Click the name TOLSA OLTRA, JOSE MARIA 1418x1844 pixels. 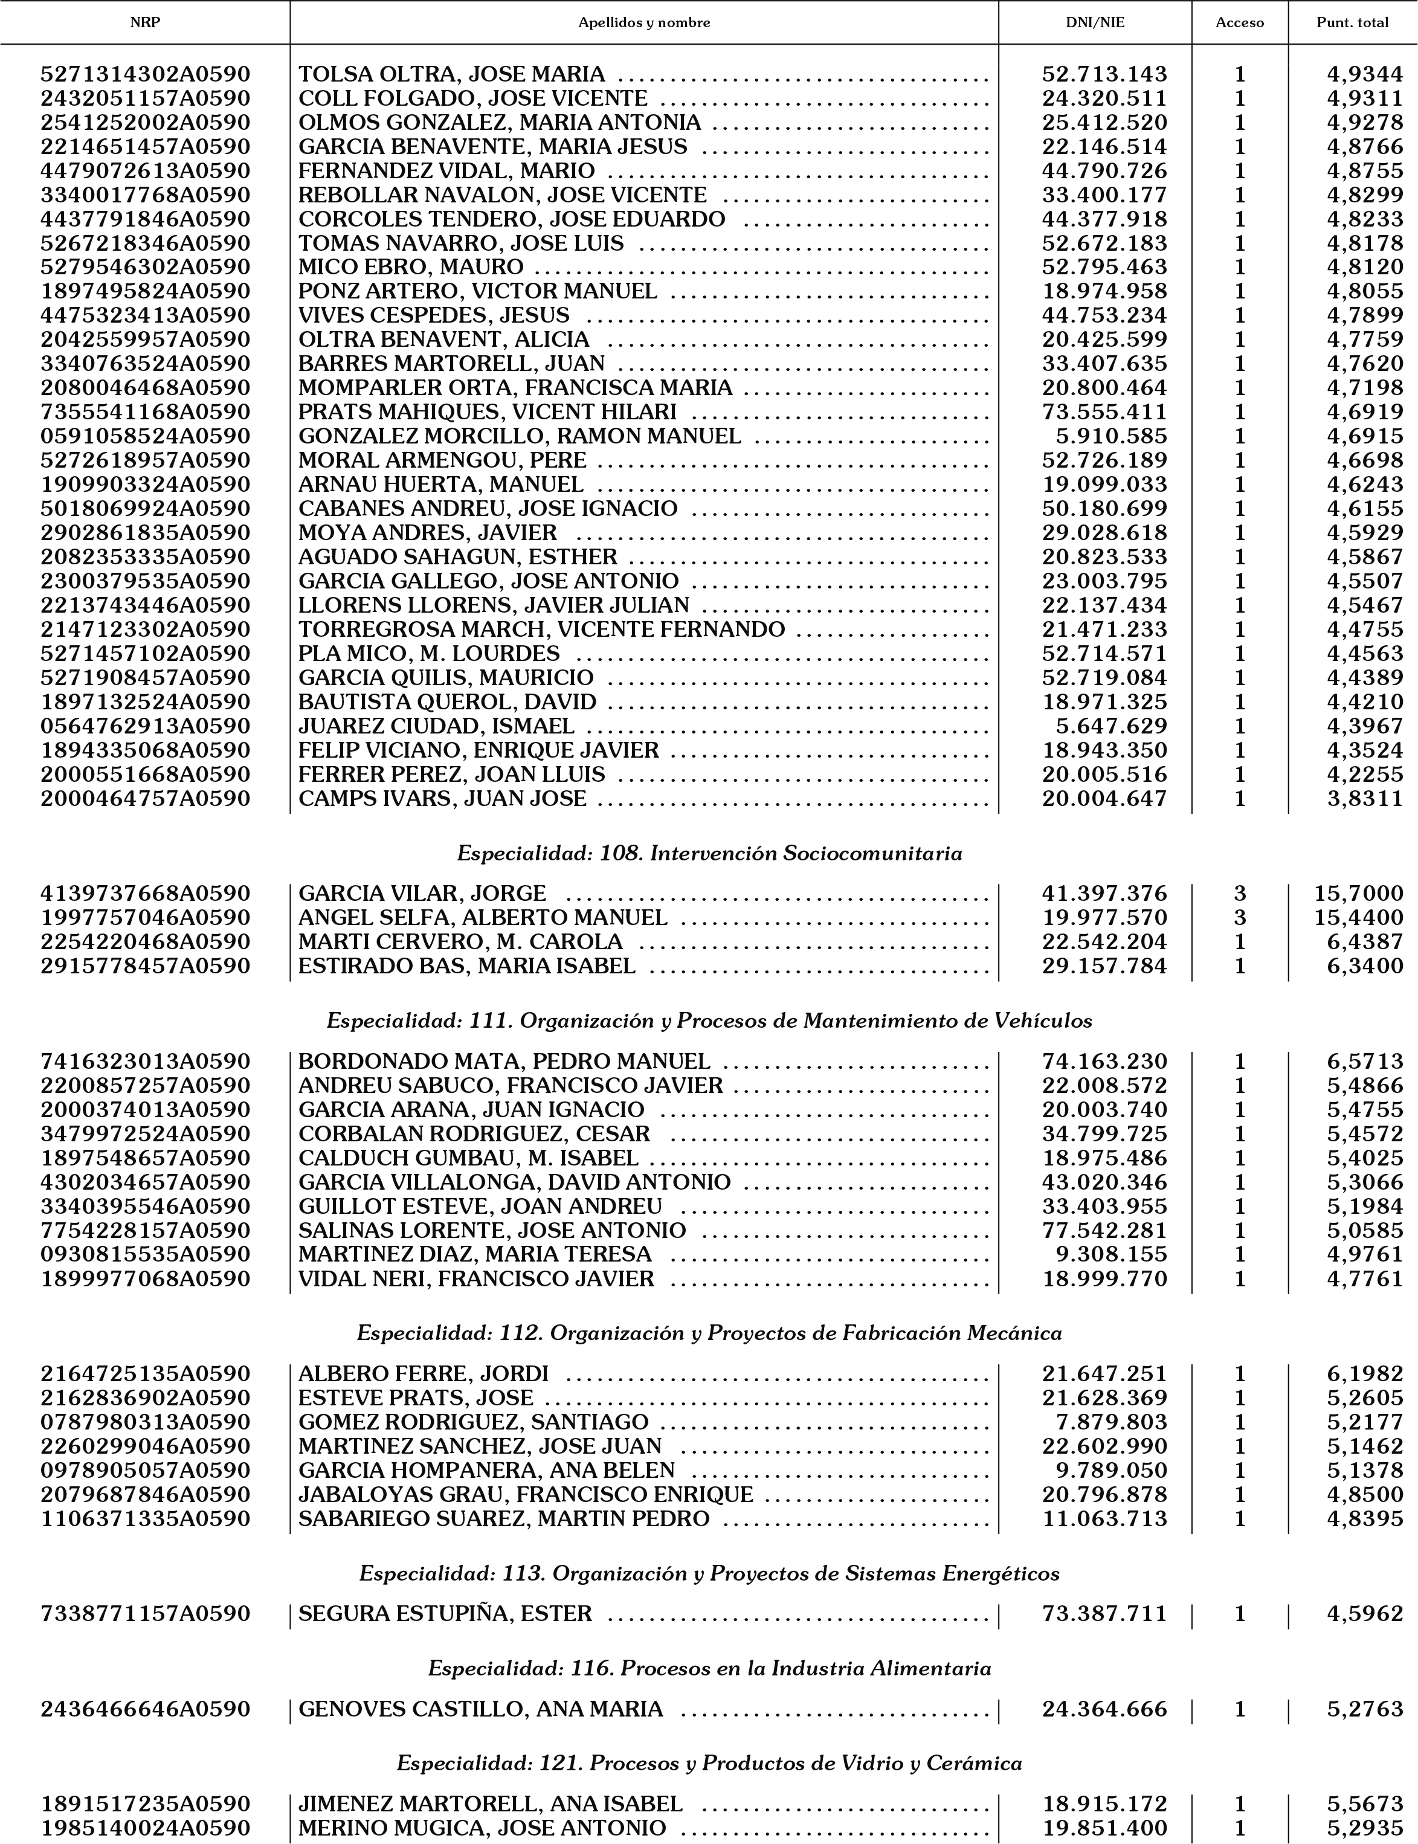coord(451,74)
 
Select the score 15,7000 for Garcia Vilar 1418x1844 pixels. coord(1358,893)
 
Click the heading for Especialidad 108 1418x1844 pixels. coord(709,853)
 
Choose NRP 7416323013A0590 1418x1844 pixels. coord(145,1061)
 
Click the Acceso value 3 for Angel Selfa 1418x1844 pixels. coord(1240,917)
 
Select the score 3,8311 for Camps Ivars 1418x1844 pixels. coord(1365,798)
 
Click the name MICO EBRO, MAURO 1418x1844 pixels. coord(411,266)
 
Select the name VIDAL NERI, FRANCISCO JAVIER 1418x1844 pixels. coord(476,1278)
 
